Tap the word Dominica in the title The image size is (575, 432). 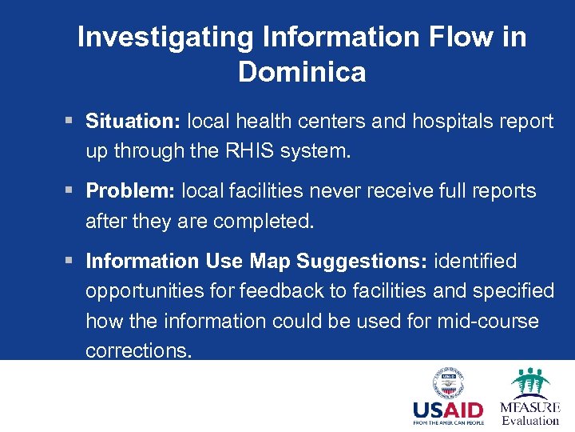[x=302, y=73]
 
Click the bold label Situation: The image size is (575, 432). [x=133, y=122]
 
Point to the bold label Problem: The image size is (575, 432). [x=131, y=191]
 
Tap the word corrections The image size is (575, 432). [x=139, y=350]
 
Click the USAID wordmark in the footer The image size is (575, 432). [x=448, y=410]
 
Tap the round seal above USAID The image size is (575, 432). [x=448, y=383]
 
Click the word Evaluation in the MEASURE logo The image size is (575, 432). [x=530, y=421]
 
